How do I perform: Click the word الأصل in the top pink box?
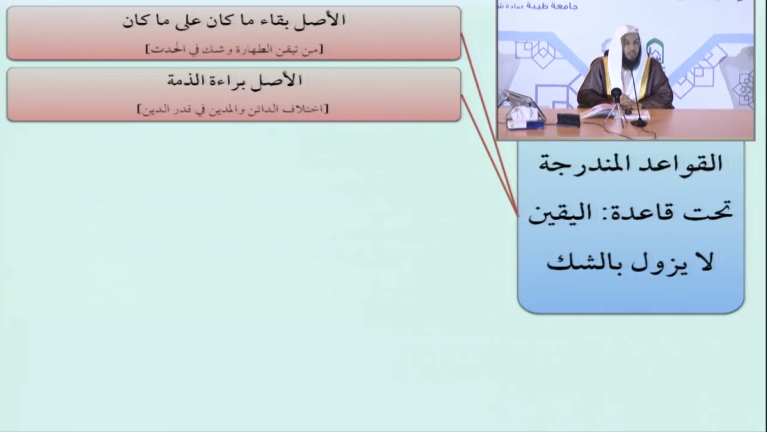click(x=324, y=20)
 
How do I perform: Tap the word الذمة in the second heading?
click(x=187, y=80)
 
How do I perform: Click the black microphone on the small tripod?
click(x=615, y=95)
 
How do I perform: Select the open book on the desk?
click(x=599, y=111)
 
